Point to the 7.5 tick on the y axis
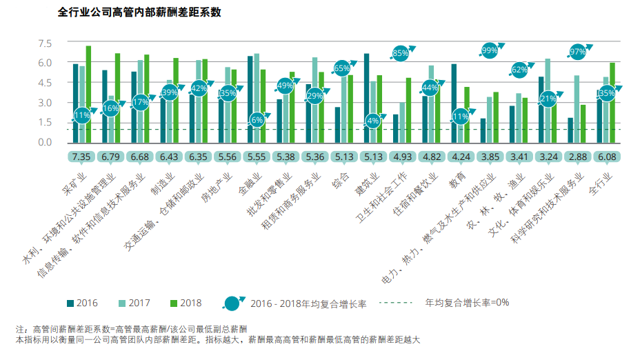[x=45, y=43]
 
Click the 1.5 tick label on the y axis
[x=45, y=123]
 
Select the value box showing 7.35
[x=81, y=157]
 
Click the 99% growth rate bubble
[x=490, y=50]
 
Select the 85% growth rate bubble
[x=401, y=52]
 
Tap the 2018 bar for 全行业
[x=612, y=102]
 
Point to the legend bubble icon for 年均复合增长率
[x=233, y=303]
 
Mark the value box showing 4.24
[x=459, y=157]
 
